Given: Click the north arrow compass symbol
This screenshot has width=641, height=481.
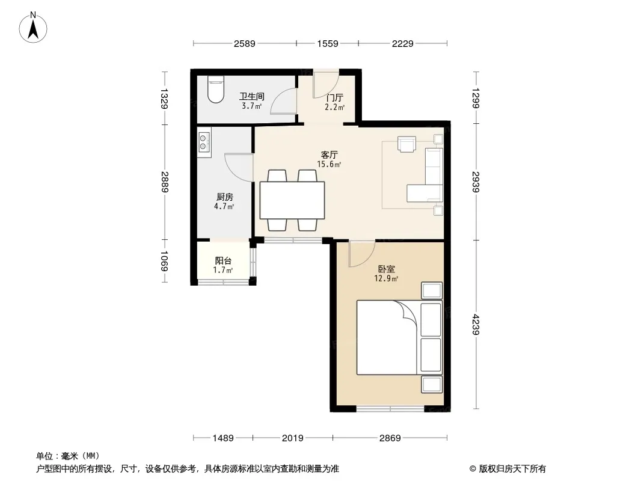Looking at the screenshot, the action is click(33, 28).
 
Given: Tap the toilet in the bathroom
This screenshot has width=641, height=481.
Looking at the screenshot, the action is click(215, 90).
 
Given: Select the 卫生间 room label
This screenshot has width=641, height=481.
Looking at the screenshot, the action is click(251, 96).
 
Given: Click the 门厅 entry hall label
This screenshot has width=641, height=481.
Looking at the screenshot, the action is click(334, 97).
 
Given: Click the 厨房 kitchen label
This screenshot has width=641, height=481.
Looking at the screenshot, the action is click(224, 197).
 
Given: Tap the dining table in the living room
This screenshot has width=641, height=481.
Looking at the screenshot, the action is click(292, 200).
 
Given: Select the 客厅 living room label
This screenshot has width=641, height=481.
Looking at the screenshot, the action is click(329, 155).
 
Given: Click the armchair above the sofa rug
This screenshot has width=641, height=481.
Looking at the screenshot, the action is click(406, 144).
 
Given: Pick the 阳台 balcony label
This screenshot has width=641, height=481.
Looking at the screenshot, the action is click(223, 261).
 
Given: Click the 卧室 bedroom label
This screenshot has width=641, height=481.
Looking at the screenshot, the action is click(386, 269).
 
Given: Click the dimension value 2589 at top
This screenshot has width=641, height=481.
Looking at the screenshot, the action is click(245, 43).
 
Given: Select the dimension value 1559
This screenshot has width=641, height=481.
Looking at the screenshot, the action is click(328, 43).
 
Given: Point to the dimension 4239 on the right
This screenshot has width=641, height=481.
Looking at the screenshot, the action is click(476, 325).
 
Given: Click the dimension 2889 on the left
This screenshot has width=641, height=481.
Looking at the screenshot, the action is click(165, 182).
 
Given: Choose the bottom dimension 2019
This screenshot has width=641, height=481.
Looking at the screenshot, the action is click(293, 438).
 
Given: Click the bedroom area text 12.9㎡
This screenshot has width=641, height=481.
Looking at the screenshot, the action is click(386, 279).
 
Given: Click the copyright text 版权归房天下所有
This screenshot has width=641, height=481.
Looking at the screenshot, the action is click(512, 469).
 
